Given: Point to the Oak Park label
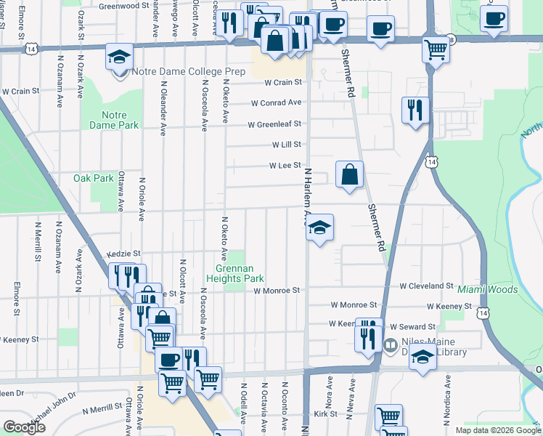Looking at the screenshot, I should [94, 178].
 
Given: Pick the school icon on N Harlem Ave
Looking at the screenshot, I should [319, 228].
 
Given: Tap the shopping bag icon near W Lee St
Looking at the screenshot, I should [349, 174].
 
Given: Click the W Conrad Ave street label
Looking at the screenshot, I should [277, 102].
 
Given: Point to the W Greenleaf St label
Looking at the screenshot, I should [274, 124].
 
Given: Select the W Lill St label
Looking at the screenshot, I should [286, 145].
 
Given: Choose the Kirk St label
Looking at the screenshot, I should [325, 413].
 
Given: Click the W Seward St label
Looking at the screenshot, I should [413, 327].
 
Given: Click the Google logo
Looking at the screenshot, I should [24, 427].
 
